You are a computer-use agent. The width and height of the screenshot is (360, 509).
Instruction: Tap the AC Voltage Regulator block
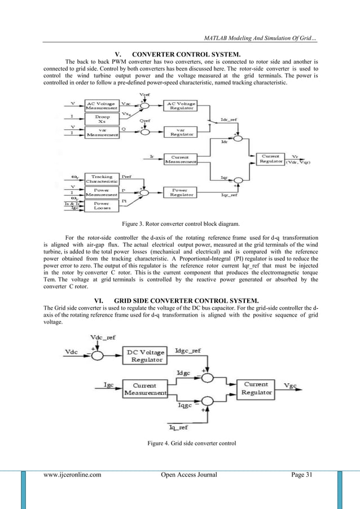click(x=180, y=106)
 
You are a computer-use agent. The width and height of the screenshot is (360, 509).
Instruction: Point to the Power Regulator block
click(x=180, y=193)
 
